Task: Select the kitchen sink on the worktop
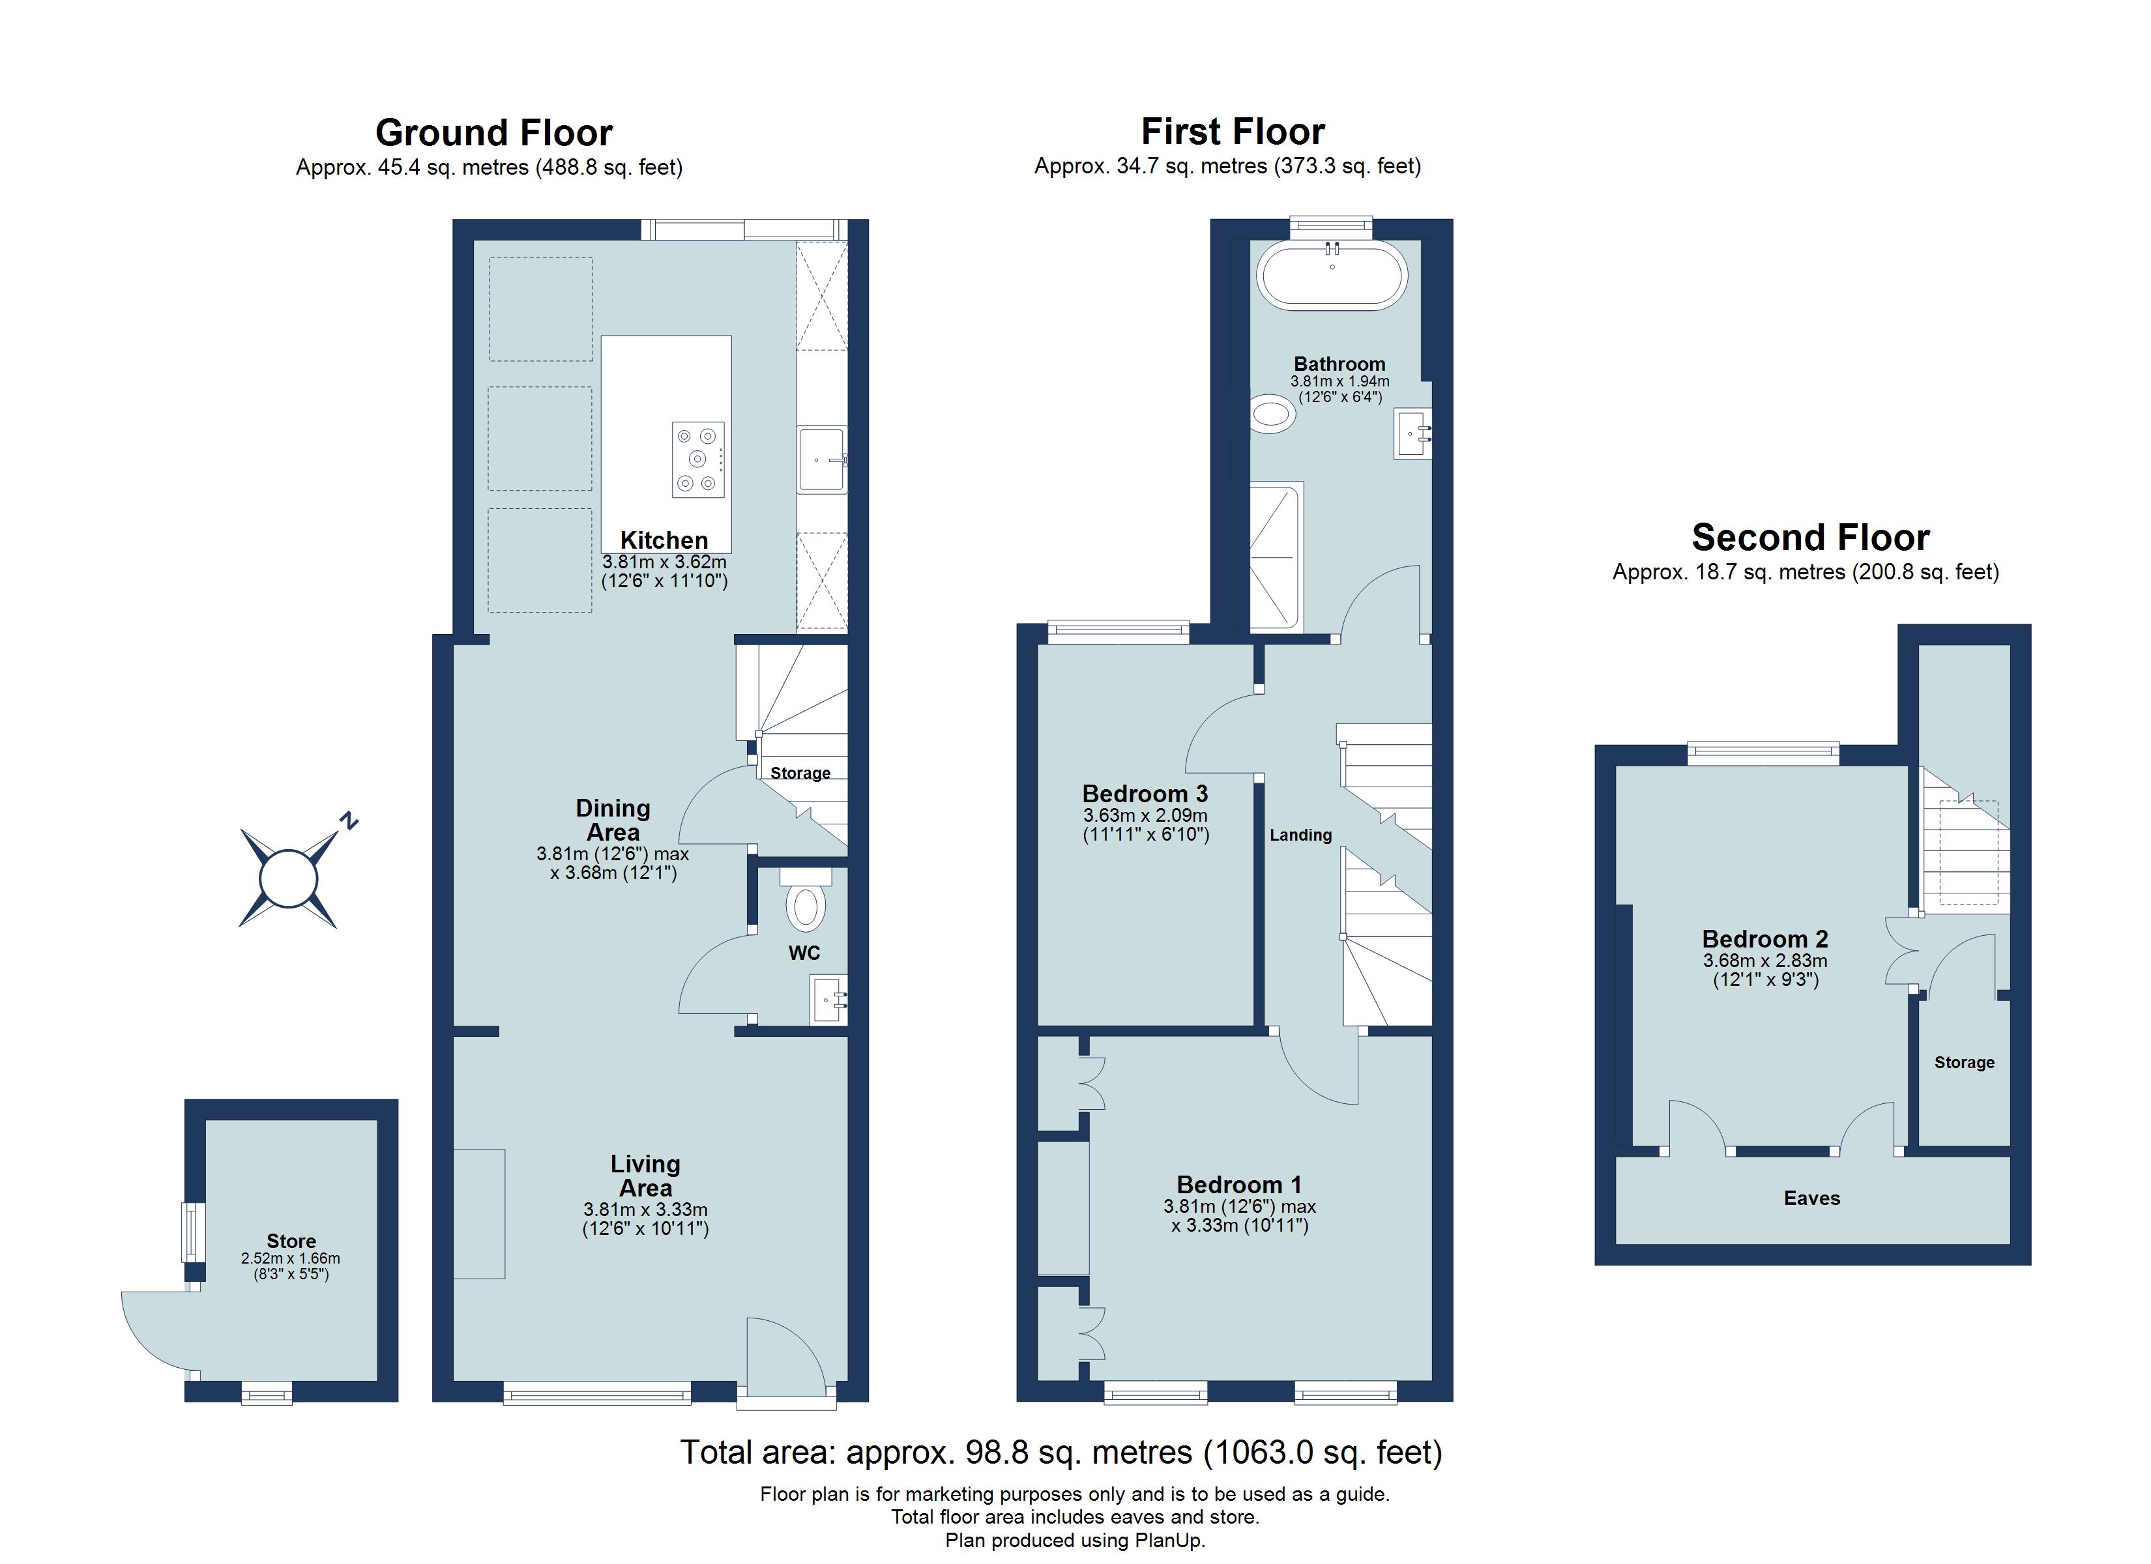click(821, 460)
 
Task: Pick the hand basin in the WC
click(828, 1000)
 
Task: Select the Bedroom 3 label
click(1145, 794)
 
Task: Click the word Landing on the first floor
click(1300, 835)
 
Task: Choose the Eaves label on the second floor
click(1811, 1198)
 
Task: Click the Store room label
click(291, 1241)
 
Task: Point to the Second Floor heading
click(1809, 538)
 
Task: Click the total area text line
click(1061, 1452)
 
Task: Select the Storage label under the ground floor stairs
click(800, 773)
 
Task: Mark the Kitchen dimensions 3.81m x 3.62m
click(664, 562)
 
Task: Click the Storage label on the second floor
click(1964, 1062)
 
